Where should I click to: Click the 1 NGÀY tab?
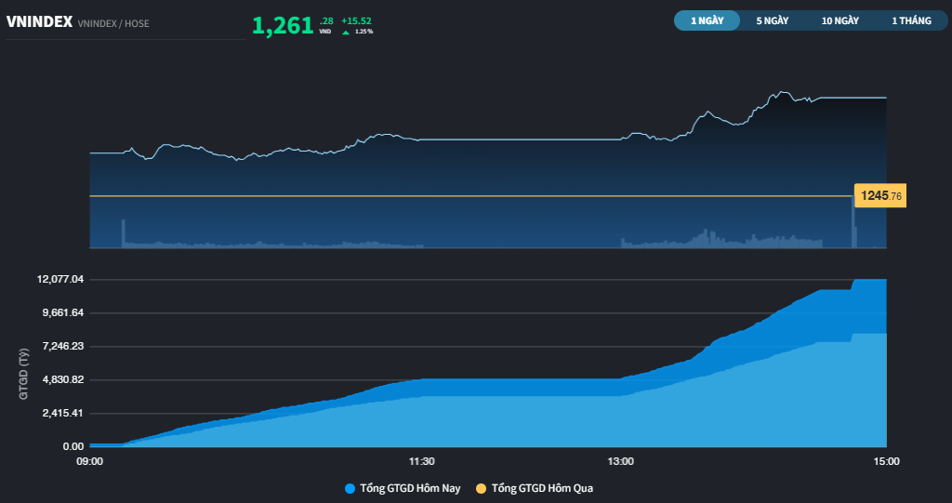pyautogui.click(x=707, y=20)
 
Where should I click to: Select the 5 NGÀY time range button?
pyautogui.click(x=773, y=20)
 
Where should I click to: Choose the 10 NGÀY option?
pyautogui.click(x=840, y=20)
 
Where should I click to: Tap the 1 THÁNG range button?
pyautogui.click(x=911, y=20)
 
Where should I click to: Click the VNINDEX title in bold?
pyautogui.click(x=39, y=22)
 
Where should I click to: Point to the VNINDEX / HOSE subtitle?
pyautogui.click(x=113, y=23)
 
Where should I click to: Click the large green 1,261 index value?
pyautogui.click(x=283, y=25)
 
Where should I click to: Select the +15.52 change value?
pyautogui.click(x=356, y=20)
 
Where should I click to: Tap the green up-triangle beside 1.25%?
pyautogui.click(x=346, y=33)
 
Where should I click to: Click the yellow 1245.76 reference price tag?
pyautogui.click(x=880, y=195)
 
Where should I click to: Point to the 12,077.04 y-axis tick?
pyautogui.click(x=60, y=280)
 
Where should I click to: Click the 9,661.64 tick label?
pyautogui.click(x=62, y=312)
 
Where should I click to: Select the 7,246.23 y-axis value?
pyautogui.click(x=62, y=346)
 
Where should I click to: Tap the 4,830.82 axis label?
pyautogui.click(x=62, y=379)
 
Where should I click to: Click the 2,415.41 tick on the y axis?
pyautogui.click(x=62, y=413)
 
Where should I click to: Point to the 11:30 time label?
pyautogui.click(x=421, y=462)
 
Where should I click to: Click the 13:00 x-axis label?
pyautogui.click(x=620, y=462)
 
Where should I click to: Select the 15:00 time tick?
pyautogui.click(x=886, y=462)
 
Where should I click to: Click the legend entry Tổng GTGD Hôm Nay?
pyautogui.click(x=403, y=488)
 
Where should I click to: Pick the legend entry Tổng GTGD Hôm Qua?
pyautogui.click(x=535, y=488)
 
